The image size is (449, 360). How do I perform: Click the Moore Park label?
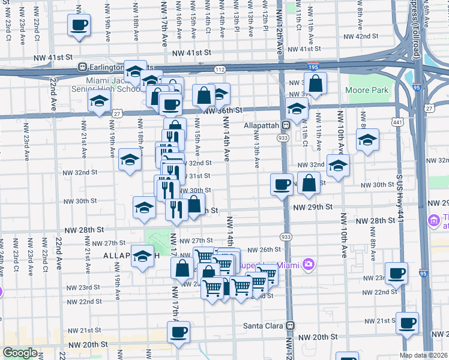click(367, 91)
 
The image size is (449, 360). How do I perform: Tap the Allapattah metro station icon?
click(287, 125)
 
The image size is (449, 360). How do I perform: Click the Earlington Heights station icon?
click(85, 67)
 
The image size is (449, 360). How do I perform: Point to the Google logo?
click(20, 353)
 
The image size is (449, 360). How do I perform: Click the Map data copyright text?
click(423, 355)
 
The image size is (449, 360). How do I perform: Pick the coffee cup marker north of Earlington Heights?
click(80, 25)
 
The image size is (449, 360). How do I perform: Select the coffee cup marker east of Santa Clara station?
click(408, 322)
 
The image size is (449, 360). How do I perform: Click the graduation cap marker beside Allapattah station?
click(297, 108)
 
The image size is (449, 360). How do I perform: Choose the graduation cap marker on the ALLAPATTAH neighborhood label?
click(142, 256)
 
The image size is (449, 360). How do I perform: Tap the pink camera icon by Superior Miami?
click(309, 264)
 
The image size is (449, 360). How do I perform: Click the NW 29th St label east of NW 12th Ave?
click(313, 207)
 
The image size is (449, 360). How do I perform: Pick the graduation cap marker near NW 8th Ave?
click(367, 140)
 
